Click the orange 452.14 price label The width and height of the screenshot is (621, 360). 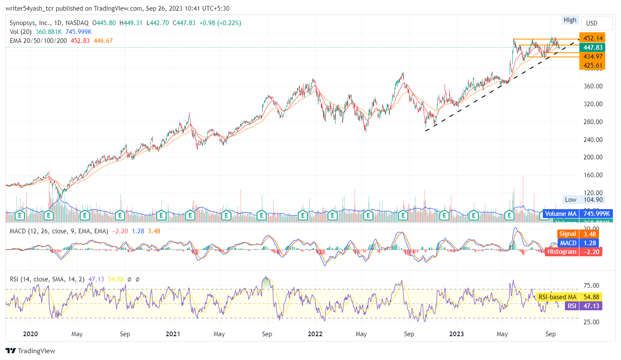click(592, 38)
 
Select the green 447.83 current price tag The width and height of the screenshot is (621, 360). click(592, 48)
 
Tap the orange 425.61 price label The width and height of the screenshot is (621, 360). click(592, 65)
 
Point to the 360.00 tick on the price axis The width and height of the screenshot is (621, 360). click(593, 86)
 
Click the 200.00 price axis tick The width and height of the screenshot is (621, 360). click(593, 157)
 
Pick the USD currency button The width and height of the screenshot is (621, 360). click(592, 23)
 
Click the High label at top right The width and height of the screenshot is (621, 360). click(570, 20)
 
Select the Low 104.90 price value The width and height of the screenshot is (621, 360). click(593, 200)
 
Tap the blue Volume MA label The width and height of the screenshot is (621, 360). click(561, 214)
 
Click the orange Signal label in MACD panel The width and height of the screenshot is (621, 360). click(567, 234)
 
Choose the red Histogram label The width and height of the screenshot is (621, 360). click(561, 252)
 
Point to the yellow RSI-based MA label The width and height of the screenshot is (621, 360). click(557, 297)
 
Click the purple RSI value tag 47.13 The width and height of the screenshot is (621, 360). click(591, 306)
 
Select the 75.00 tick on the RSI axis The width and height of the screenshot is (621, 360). click(591, 286)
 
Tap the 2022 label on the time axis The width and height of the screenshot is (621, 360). click(315, 334)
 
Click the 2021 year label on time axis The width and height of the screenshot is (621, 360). click(173, 334)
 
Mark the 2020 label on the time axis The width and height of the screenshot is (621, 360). click(31, 334)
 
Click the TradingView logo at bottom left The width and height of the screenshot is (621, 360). click(31, 351)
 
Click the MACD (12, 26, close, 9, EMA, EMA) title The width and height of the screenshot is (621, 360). click(59, 231)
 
